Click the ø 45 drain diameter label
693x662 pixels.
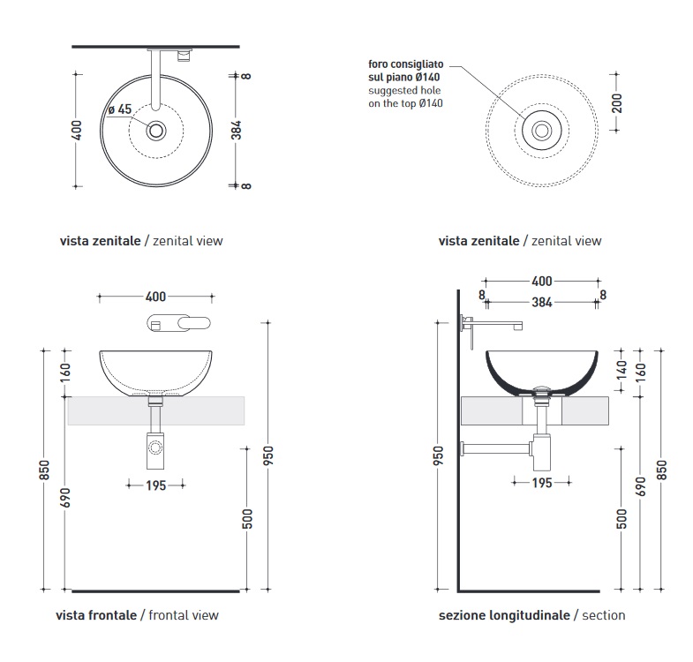tap(120, 109)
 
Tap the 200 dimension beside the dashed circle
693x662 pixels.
tap(617, 103)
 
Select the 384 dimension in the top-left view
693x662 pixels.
tap(237, 130)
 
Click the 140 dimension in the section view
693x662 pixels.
tap(621, 370)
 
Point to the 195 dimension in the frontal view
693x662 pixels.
tap(156, 485)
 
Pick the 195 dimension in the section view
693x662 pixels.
tap(542, 483)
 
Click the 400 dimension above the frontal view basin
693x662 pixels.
tap(155, 297)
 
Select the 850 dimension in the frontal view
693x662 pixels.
tap(44, 470)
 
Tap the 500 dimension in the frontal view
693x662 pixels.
tap(247, 519)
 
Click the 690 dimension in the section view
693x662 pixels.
tap(641, 486)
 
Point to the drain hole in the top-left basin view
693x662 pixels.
tap(156, 131)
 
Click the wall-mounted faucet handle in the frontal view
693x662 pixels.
tap(193, 323)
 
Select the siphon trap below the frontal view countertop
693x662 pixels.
tap(155, 451)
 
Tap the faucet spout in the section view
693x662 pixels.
tap(496, 326)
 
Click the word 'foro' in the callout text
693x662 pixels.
tap(378, 64)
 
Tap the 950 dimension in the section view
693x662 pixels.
tap(438, 455)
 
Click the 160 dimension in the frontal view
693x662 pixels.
tap(65, 373)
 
